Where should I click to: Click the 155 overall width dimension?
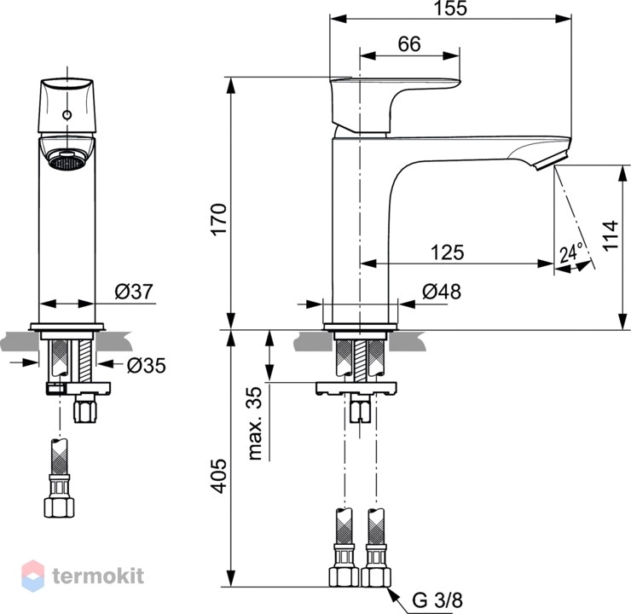451,8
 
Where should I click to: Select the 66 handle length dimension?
409,43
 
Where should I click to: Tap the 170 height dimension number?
220,219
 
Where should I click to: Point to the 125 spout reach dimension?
447,252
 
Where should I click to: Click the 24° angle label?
570,252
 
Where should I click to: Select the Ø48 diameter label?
442,292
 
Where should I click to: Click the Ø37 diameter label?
134,292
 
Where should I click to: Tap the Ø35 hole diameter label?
147,365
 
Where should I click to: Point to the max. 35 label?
255,423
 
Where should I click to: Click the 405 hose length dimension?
220,475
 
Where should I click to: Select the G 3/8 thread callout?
437,600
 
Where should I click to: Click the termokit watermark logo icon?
33,576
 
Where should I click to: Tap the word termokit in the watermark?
98,576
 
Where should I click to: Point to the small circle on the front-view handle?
67,115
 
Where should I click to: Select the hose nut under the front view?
58,507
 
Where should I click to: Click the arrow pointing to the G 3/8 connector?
397,598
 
